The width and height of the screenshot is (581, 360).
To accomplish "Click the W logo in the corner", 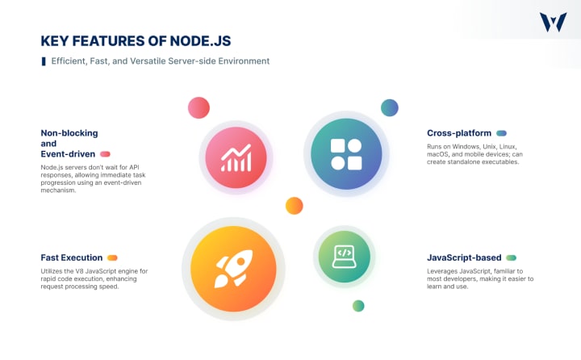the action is point(553,23).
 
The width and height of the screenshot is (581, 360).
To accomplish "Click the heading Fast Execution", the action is point(70,257).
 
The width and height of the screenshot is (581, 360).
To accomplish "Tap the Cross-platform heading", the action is point(458,133).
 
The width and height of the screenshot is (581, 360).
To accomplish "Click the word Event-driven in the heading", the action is point(68,153).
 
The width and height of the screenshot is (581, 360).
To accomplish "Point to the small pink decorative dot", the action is point(199,107).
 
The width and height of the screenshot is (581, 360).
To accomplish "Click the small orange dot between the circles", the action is point(294,206).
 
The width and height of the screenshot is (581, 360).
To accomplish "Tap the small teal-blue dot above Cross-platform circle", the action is point(390,107).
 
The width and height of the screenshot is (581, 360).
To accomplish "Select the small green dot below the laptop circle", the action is point(358,306).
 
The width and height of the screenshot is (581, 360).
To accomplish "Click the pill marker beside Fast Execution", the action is point(112,258).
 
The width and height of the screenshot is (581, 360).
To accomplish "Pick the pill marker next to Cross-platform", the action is point(501,133).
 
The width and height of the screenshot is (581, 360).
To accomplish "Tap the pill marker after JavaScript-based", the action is point(511,257).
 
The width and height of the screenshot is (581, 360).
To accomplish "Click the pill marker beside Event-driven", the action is point(105,153).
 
